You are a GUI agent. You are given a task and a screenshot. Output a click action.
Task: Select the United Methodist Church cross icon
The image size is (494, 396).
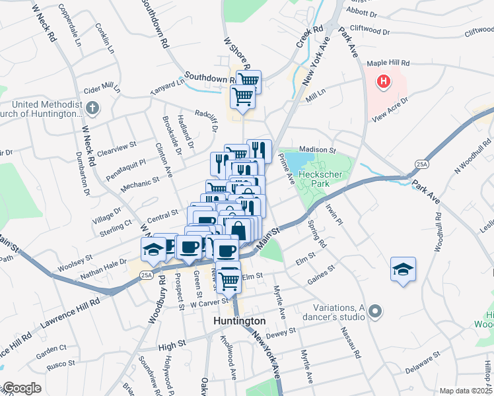[92, 108]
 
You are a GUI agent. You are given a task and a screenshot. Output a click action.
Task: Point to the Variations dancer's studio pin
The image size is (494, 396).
[376, 310]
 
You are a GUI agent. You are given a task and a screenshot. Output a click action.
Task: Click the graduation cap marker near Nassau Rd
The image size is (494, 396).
[403, 269]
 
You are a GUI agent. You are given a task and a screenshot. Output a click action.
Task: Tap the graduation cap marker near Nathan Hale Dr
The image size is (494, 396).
[153, 249]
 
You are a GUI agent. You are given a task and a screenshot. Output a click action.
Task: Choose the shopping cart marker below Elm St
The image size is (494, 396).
[229, 279]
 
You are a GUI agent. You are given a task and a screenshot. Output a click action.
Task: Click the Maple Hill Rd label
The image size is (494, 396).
[389, 63]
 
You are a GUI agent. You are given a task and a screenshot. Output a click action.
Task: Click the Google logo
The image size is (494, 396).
[21, 389]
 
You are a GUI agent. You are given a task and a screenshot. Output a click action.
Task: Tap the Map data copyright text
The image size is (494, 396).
[466, 391]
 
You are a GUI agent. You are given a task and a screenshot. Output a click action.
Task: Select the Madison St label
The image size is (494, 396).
[318, 150]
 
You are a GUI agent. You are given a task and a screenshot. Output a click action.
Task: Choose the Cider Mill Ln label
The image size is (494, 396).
[102, 88]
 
